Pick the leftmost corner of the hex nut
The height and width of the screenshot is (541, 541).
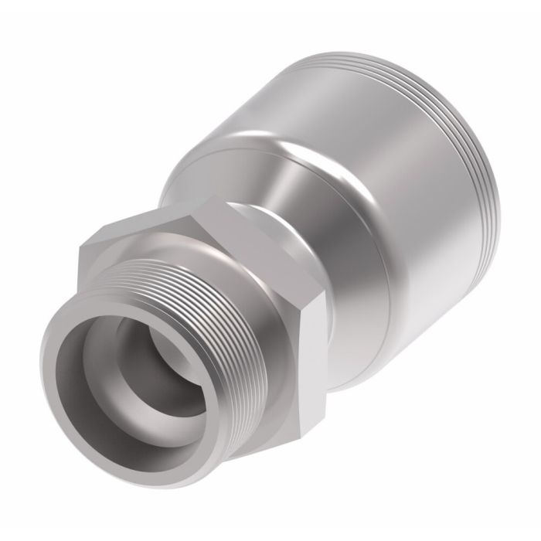point(80,247)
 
